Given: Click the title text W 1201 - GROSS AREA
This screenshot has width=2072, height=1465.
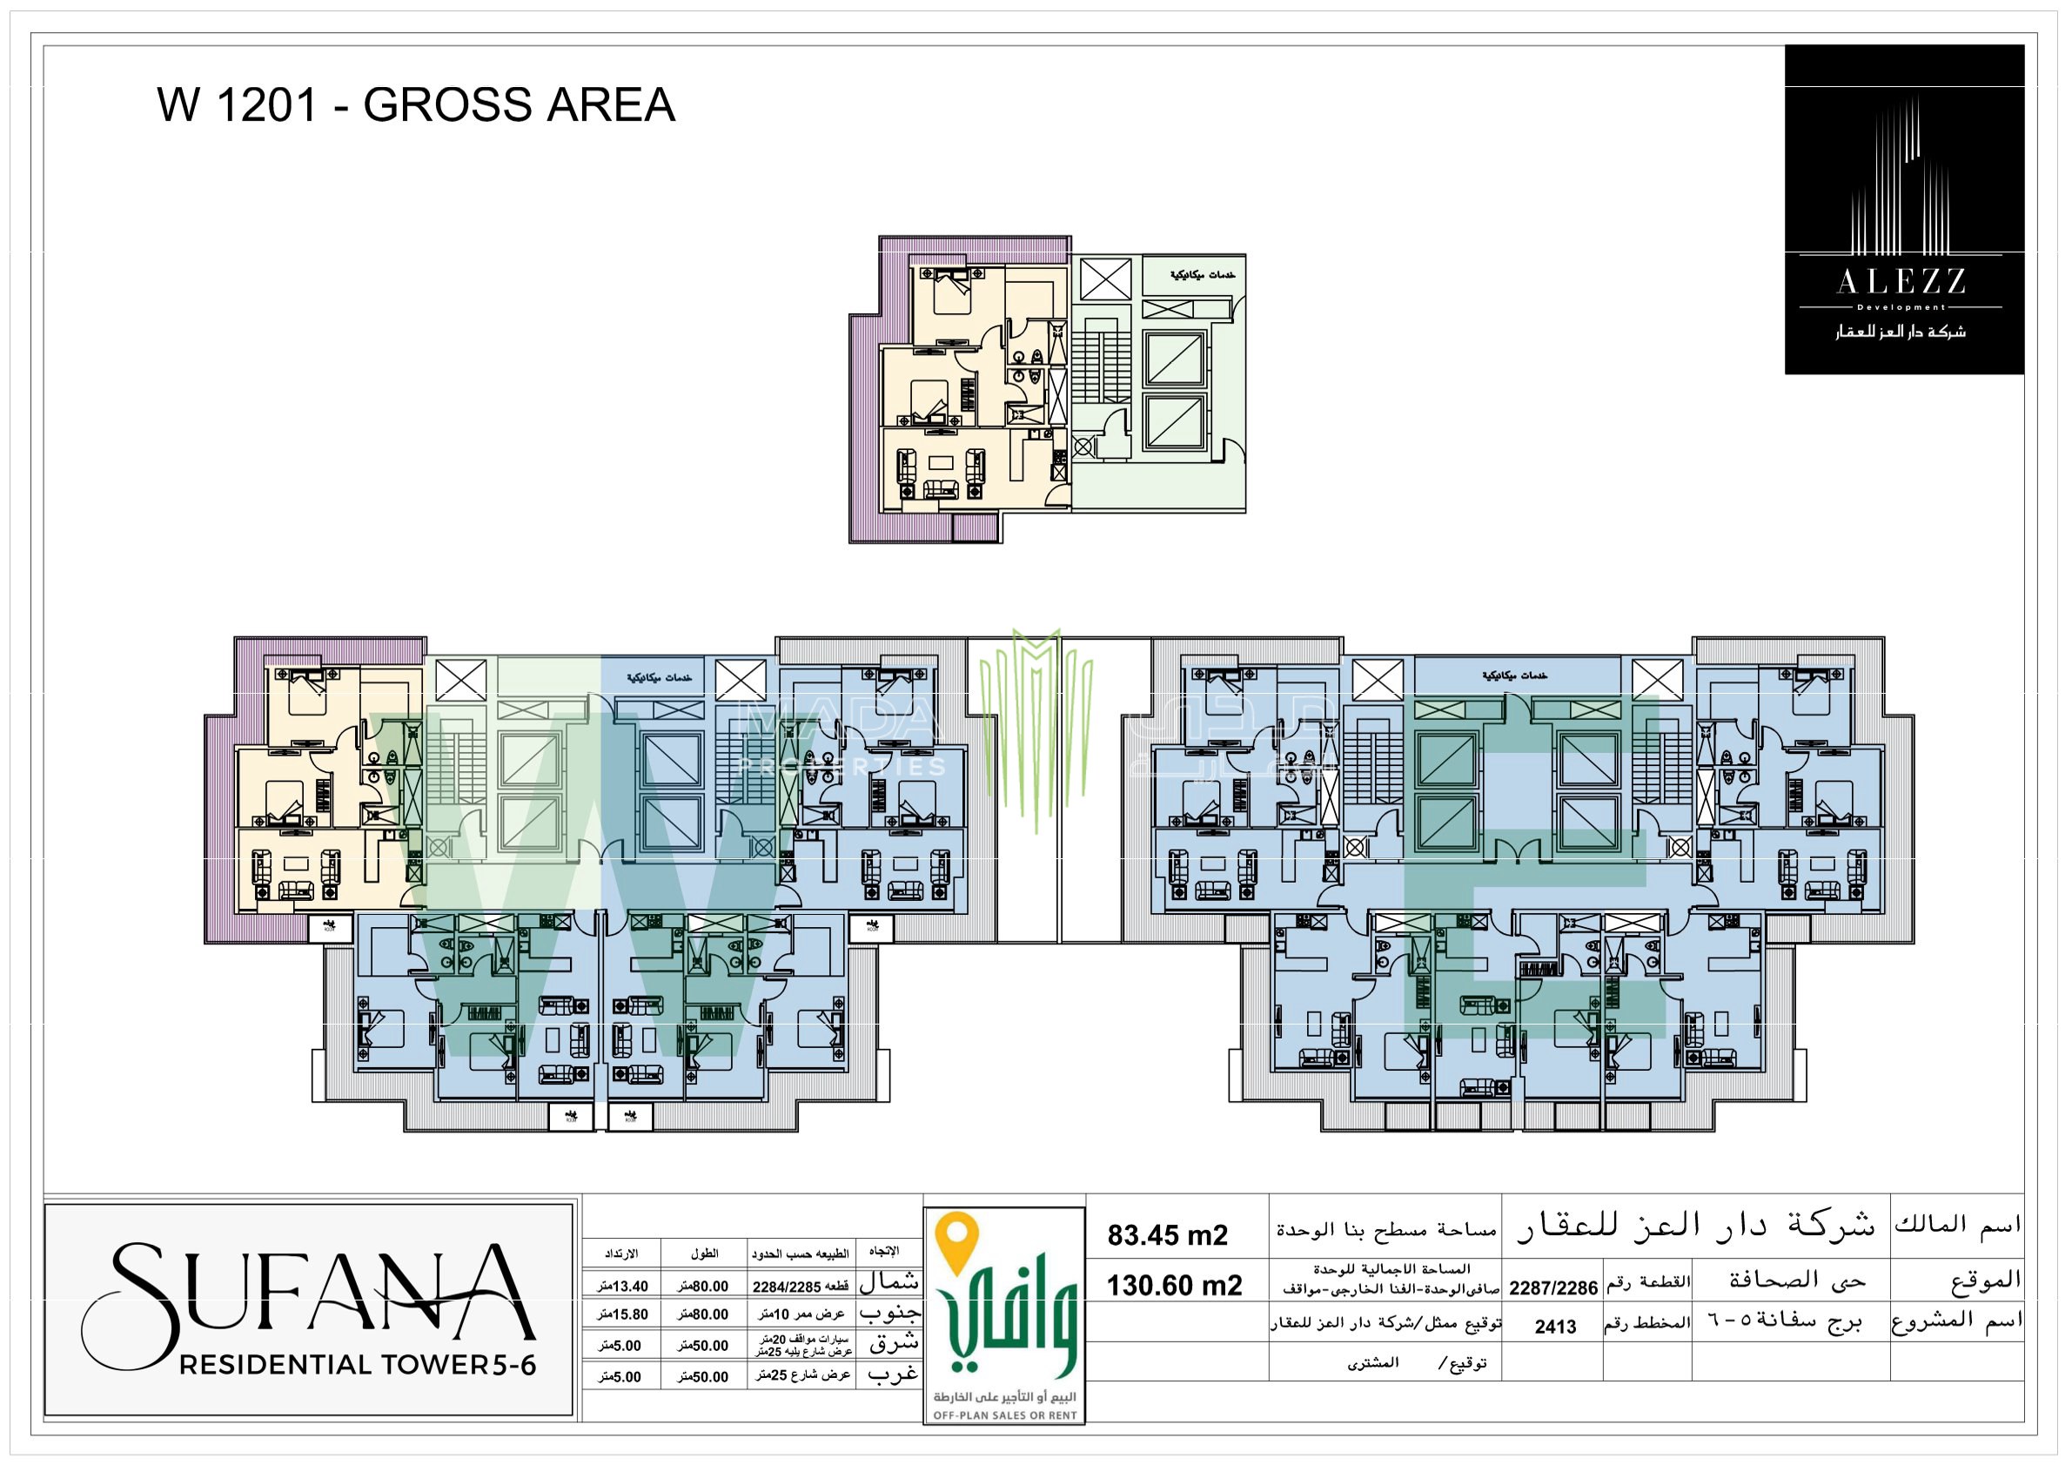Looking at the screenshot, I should [x=416, y=104].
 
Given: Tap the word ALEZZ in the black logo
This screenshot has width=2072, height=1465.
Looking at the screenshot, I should [x=1901, y=283].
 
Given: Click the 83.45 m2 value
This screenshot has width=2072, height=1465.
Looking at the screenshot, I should [x=1168, y=1235].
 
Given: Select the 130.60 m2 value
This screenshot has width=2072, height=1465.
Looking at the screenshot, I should [x=1174, y=1286].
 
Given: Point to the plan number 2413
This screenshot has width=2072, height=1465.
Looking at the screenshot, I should [x=1555, y=1327].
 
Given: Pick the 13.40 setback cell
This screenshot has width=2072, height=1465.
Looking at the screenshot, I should [x=623, y=1287].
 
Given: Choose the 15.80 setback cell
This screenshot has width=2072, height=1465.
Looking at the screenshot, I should [x=623, y=1314].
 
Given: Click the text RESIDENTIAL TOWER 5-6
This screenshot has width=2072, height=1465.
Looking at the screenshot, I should [x=359, y=1365].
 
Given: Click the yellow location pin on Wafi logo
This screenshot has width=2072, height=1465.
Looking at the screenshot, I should [x=956, y=1240].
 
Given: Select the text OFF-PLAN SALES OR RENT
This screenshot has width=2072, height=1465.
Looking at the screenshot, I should [x=1004, y=1415].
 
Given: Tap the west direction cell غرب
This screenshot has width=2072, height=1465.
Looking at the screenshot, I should [x=892, y=1374].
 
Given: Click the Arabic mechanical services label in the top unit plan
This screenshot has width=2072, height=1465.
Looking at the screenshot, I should [x=1202, y=274].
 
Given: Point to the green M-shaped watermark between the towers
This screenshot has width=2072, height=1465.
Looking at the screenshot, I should [x=1036, y=722].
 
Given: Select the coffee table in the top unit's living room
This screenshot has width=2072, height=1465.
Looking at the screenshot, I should [x=942, y=463].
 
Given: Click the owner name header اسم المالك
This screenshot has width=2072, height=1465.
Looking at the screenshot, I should [x=1956, y=1225].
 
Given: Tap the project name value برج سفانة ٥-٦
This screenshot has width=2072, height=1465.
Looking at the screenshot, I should [x=1785, y=1322].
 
